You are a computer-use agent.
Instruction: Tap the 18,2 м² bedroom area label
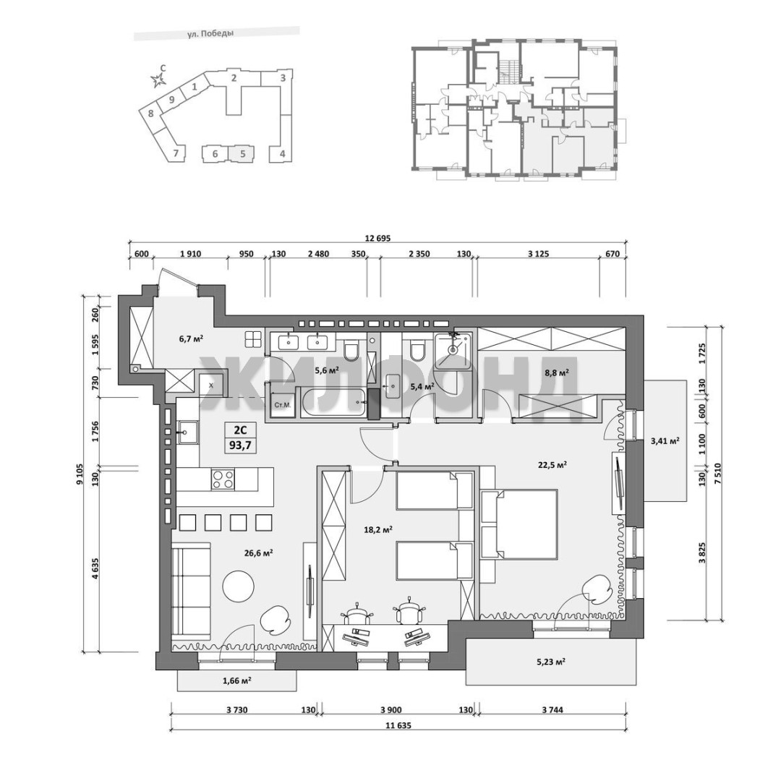click(378, 529)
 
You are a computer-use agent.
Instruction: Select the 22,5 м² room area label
click(552, 465)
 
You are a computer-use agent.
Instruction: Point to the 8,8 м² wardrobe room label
click(556, 372)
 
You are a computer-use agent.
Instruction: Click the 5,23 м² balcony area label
click(550, 662)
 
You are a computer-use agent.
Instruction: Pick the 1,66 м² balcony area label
click(236, 680)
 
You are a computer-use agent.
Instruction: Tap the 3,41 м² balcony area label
click(665, 440)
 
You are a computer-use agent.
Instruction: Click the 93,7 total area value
click(241, 445)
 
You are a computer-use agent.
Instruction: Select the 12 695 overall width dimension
click(377, 239)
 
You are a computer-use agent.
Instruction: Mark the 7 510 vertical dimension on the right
click(717, 471)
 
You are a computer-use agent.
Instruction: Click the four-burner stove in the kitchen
click(223, 479)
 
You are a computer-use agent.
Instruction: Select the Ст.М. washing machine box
click(282, 405)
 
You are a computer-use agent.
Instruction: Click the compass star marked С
click(158, 80)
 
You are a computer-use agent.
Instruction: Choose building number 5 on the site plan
click(243, 153)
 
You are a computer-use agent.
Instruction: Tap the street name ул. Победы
click(210, 34)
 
